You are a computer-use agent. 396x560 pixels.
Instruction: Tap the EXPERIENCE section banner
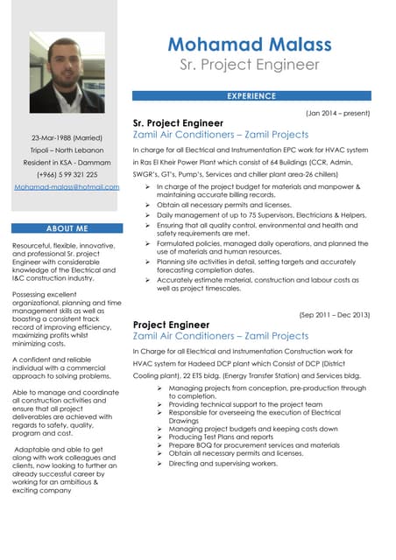(251, 96)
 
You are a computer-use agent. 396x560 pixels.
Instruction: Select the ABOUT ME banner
(67, 228)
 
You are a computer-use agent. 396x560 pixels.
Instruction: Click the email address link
(67, 187)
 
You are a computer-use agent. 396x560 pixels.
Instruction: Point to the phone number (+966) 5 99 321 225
(67, 175)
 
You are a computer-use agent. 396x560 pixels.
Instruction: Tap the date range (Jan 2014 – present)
(337, 113)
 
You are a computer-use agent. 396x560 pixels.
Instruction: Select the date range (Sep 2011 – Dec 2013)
(335, 314)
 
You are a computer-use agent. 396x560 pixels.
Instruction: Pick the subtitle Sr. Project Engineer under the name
(250, 65)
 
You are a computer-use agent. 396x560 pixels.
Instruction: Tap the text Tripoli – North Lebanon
(67, 150)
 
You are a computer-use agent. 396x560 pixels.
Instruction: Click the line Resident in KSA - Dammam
(67, 163)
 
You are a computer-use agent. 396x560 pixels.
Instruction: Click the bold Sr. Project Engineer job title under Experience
(178, 123)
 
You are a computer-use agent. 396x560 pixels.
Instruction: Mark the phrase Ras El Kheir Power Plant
(178, 162)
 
